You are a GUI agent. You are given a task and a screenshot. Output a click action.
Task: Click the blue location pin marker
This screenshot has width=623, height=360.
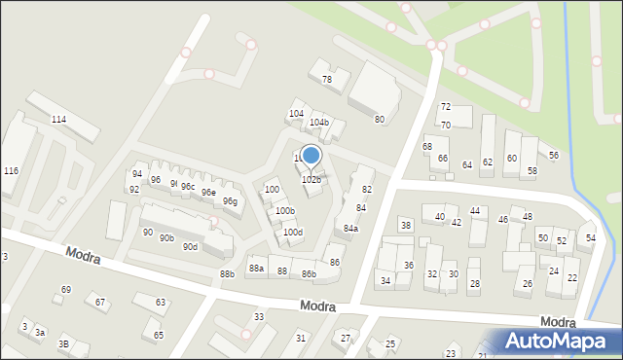pyautogui.click(x=311, y=157)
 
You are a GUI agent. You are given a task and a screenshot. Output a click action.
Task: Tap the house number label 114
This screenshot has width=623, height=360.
pyautogui.click(x=58, y=119)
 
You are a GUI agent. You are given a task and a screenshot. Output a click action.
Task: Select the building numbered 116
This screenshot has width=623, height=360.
pyautogui.click(x=11, y=171)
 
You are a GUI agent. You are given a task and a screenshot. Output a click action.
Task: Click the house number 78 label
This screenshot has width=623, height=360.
pyautogui.click(x=327, y=80)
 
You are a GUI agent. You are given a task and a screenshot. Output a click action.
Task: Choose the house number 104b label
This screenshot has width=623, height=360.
pyautogui.click(x=319, y=123)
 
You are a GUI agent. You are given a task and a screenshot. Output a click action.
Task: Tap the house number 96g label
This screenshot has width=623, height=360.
pyautogui.click(x=230, y=201)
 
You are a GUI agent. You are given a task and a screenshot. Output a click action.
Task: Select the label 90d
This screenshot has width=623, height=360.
pyautogui.click(x=190, y=247)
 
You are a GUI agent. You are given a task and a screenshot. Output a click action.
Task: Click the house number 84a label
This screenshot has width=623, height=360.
pyautogui.click(x=350, y=229)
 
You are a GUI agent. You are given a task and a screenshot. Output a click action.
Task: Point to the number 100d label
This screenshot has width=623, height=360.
pyautogui.click(x=293, y=232)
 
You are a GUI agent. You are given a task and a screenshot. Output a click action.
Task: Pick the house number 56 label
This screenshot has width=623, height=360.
pyautogui.click(x=554, y=156)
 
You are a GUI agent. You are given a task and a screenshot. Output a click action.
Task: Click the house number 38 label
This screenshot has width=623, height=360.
pyautogui.click(x=406, y=226)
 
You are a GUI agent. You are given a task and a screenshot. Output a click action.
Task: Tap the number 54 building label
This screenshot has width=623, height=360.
pyautogui.click(x=590, y=238)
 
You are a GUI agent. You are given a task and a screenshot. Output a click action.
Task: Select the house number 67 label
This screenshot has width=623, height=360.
pyautogui.click(x=100, y=302)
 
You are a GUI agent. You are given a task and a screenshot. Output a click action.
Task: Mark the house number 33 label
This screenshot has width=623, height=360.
pyautogui.click(x=259, y=317)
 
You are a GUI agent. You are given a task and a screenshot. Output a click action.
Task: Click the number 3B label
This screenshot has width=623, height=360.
pyautogui.click(x=63, y=343)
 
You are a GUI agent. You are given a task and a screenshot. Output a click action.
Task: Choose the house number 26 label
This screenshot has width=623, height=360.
pyautogui.click(x=528, y=283)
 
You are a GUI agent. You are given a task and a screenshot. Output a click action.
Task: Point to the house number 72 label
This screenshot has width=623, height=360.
pyautogui.click(x=445, y=106)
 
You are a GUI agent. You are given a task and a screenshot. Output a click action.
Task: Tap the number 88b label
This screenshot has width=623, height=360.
pyautogui.click(x=227, y=274)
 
